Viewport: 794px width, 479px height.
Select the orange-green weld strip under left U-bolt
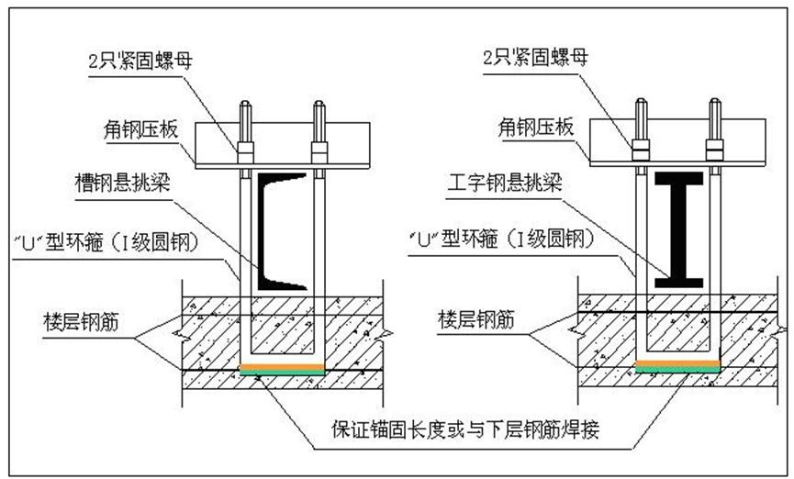pos(281,370)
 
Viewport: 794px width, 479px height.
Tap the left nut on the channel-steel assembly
pos(245,148)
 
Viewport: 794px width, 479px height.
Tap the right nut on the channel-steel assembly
pos(319,148)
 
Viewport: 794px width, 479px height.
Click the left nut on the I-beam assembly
pos(641,145)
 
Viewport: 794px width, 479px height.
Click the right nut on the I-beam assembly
pos(714,145)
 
